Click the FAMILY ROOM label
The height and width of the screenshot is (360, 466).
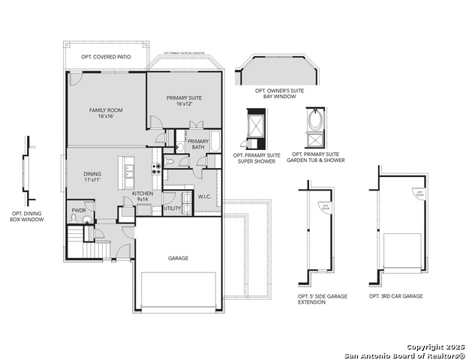(x=106, y=113)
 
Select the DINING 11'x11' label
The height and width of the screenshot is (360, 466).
(x=92, y=178)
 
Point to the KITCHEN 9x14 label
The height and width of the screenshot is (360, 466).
(x=143, y=196)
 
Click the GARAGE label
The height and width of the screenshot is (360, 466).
(x=178, y=258)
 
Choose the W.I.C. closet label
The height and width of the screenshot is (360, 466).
(x=205, y=196)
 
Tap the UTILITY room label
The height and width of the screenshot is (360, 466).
(x=172, y=208)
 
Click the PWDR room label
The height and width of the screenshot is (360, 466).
(x=79, y=211)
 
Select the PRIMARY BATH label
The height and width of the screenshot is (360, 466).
(x=198, y=144)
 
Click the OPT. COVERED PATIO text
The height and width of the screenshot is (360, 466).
(x=105, y=57)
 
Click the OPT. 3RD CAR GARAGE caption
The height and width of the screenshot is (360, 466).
(x=395, y=296)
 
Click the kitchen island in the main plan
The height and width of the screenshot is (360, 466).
(x=128, y=174)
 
